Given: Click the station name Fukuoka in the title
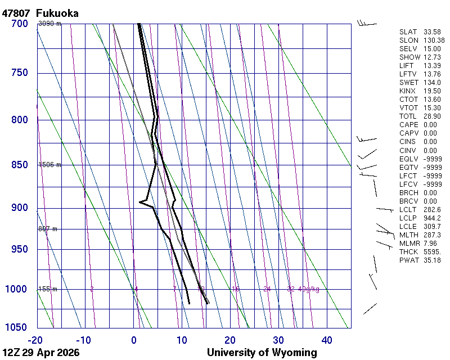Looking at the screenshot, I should (57, 13).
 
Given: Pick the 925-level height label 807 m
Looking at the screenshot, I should (47, 229).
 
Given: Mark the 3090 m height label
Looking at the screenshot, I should (49, 24).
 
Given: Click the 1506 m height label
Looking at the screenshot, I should (49, 165).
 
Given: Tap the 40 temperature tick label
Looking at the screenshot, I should (327, 340).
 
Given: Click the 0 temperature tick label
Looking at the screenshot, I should (134, 340).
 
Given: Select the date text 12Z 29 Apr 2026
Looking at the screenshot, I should (41, 353).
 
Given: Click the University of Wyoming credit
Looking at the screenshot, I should (262, 353).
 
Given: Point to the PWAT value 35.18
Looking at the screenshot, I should (432, 260).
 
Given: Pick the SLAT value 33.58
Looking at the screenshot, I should (432, 32).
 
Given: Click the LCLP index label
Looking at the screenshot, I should (408, 218).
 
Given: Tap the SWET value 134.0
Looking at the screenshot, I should (432, 83).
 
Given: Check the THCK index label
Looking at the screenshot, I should (408, 251).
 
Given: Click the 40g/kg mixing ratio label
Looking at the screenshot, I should (309, 289).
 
